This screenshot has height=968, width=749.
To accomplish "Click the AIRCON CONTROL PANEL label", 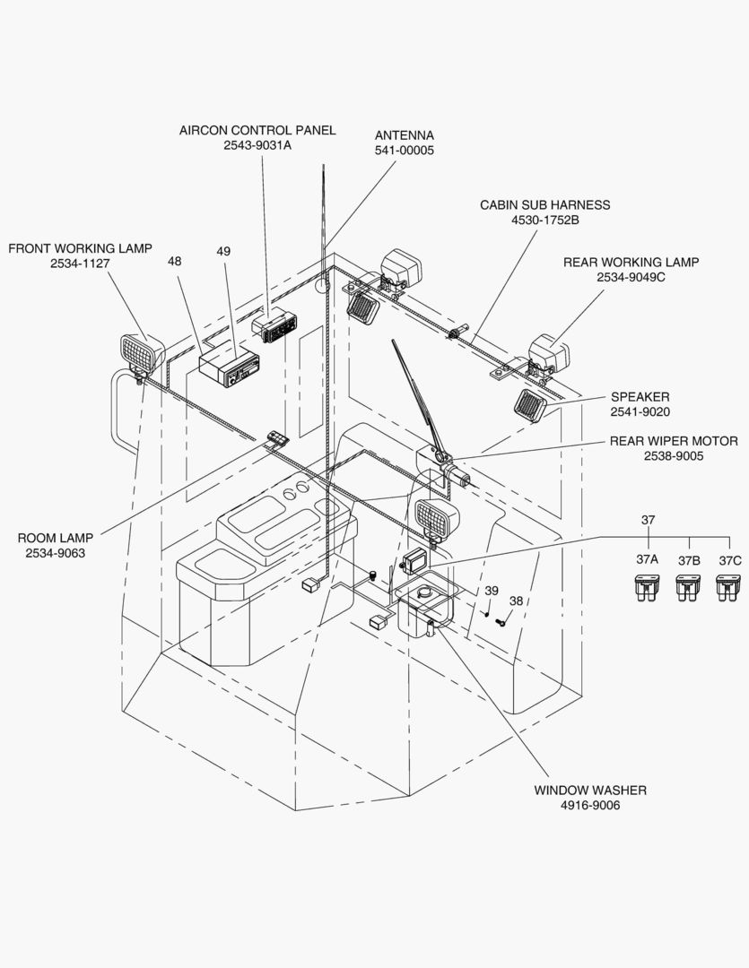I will coord(257,130).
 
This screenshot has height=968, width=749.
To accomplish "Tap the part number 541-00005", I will coord(404,151).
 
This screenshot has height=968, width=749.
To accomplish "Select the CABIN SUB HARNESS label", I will coord(544,204).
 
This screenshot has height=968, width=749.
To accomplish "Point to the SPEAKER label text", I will coord(640,396).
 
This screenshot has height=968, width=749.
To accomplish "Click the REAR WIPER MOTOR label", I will coord(674,441).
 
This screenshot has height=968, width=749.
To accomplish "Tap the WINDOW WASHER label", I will coord(590,790).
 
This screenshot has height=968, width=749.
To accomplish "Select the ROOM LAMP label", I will coord(56,538).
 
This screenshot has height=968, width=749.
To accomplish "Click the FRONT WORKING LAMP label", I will coord(80,248).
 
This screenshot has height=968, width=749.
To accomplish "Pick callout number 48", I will coord(175,262).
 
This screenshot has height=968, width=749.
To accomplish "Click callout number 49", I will coord(223,252).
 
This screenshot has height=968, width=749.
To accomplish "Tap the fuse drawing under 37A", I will coord(647,588).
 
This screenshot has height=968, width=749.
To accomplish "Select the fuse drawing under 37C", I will coord(729,588).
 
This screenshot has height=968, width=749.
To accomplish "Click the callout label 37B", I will coord(688,559).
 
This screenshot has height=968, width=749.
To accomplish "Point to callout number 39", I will coord(492,591).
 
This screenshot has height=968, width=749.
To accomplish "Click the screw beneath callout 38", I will coord(501,621).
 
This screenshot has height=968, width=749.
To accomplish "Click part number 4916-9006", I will coord(590,806).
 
